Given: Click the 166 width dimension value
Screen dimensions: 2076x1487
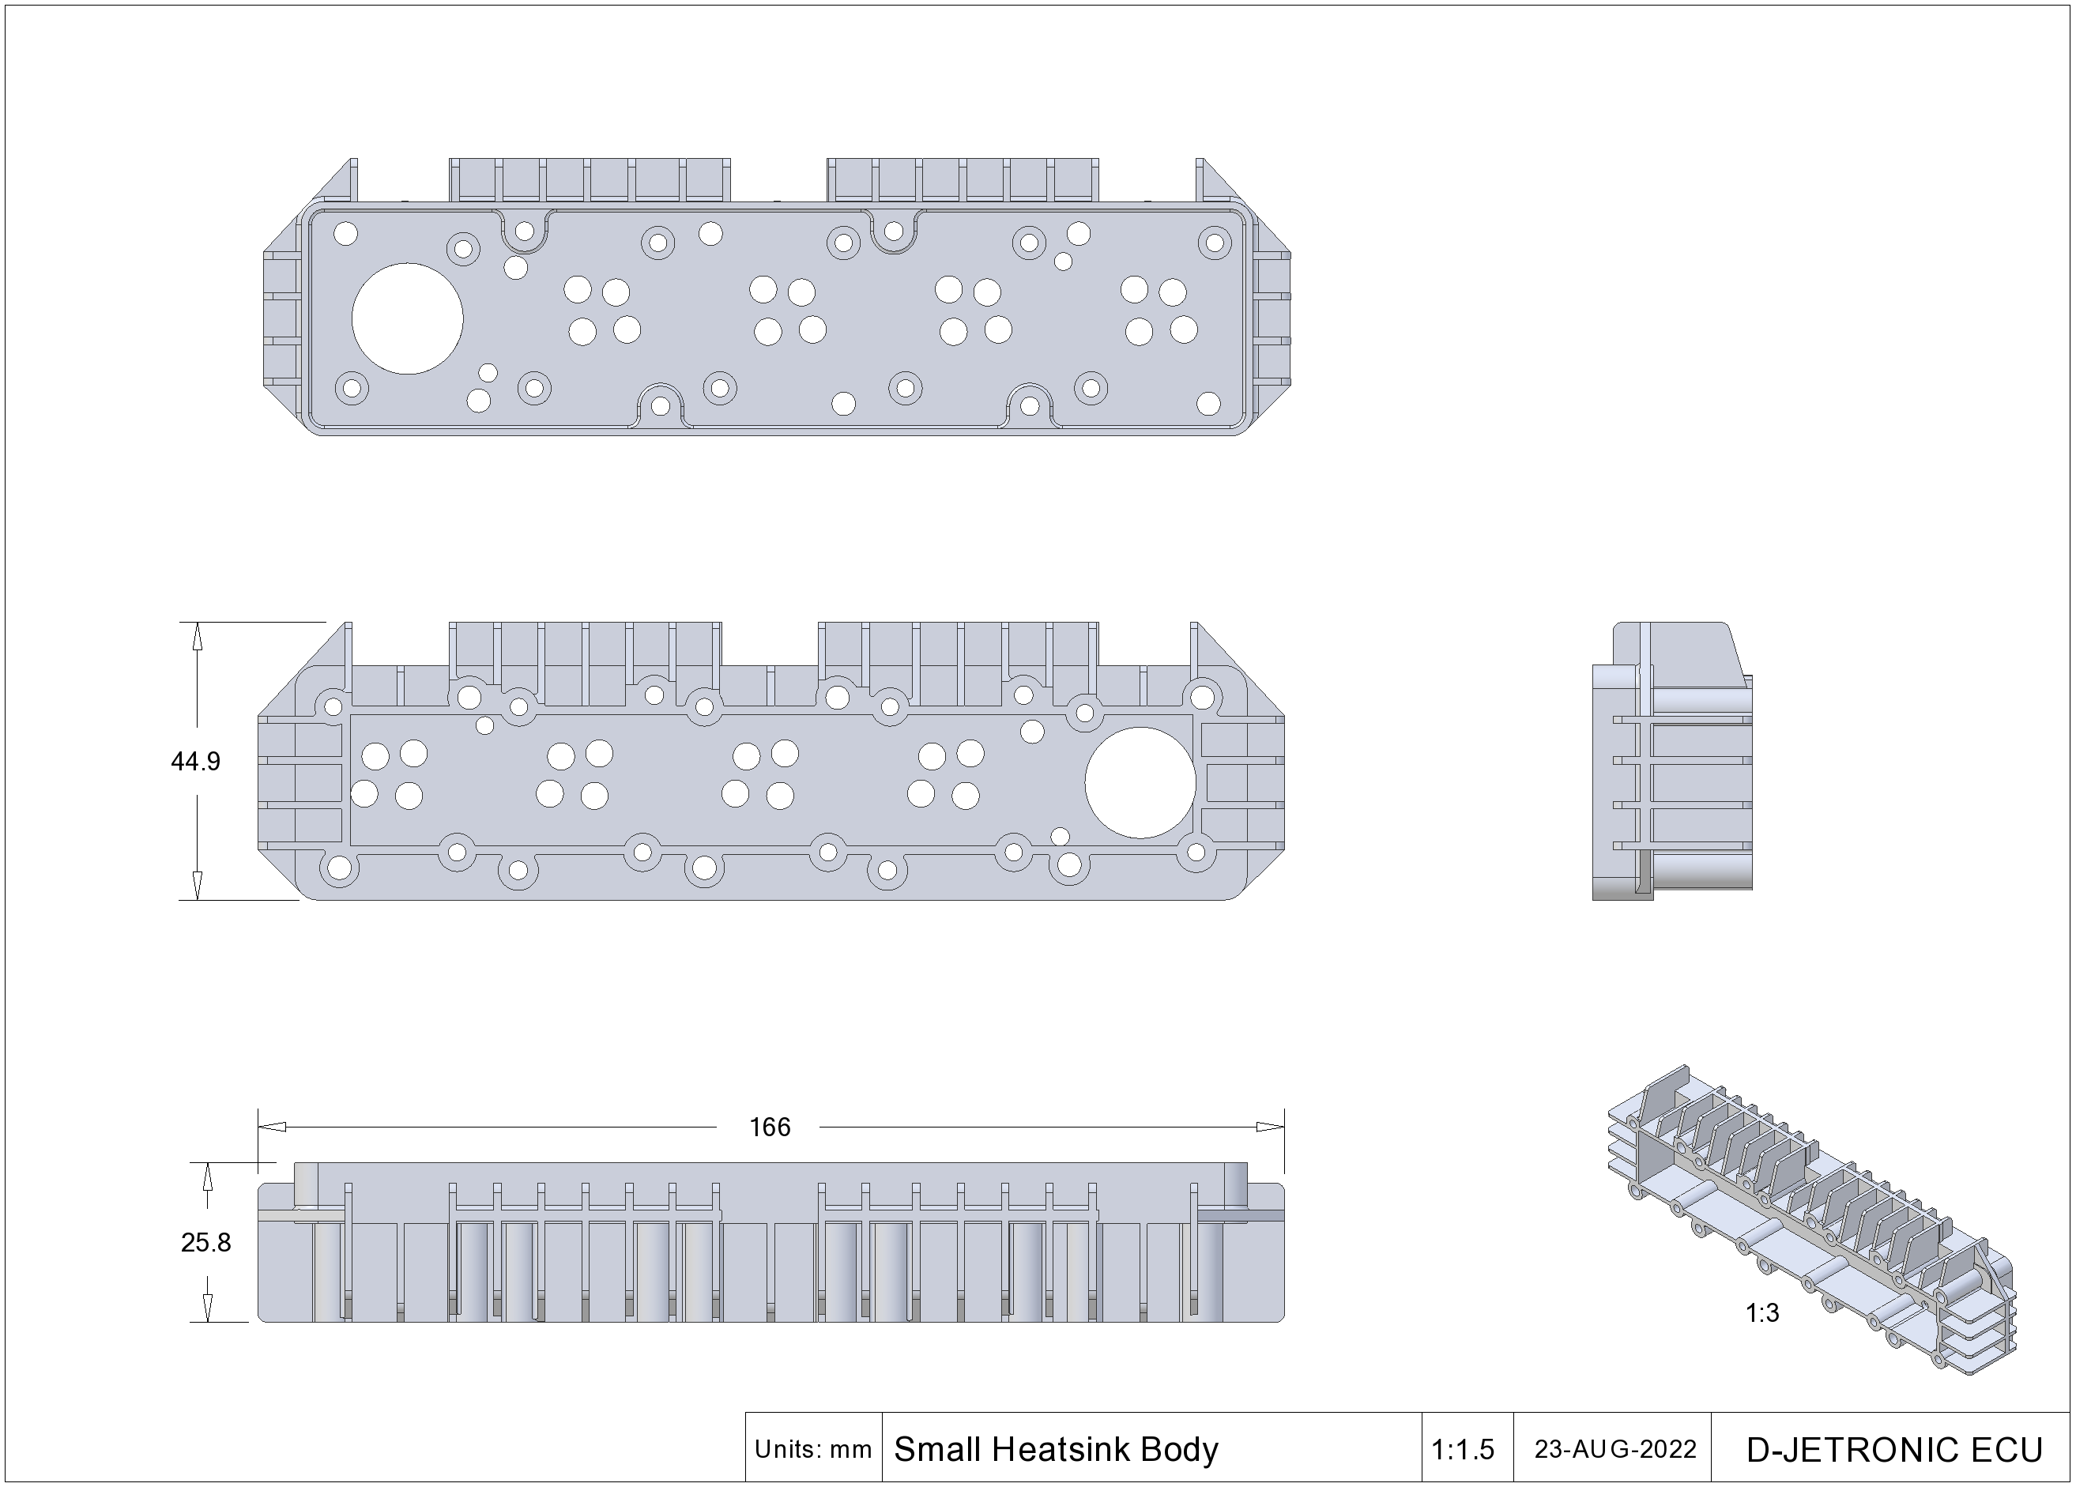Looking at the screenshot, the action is pyautogui.click(x=769, y=1127).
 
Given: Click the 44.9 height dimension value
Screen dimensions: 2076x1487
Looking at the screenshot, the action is pyautogui.click(x=195, y=762).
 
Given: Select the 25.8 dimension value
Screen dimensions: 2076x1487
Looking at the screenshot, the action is pyautogui.click(x=206, y=1242).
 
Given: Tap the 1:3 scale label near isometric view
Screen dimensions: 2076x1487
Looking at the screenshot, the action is pyautogui.click(x=1762, y=1313).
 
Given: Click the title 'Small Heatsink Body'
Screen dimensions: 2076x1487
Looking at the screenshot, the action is pyautogui.click(x=1056, y=1450).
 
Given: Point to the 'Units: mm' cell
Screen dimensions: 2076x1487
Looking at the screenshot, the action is pyautogui.click(x=813, y=1450).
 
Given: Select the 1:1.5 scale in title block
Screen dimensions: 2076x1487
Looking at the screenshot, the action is pyautogui.click(x=1463, y=1450).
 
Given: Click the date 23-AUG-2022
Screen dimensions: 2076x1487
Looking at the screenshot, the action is pyautogui.click(x=1615, y=1450).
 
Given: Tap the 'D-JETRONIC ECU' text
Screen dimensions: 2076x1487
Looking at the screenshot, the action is pyautogui.click(x=1895, y=1451).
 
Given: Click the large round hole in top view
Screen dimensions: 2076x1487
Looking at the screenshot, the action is pyautogui.click(x=407, y=318).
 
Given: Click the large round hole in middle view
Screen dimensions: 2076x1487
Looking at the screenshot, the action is pyautogui.click(x=1140, y=782).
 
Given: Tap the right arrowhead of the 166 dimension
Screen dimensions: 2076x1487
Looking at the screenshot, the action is pyautogui.click(x=1271, y=1127).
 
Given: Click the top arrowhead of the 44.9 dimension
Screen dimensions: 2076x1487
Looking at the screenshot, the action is pyautogui.click(x=197, y=636).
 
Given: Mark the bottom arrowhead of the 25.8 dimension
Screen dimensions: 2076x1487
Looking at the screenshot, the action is pyautogui.click(x=207, y=1308).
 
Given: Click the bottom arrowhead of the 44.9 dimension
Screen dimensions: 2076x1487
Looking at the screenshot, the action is pyautogui.click(x=197, y=886).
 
